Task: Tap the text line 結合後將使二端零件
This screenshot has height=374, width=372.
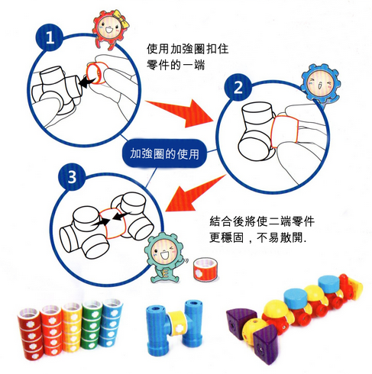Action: (262, 222)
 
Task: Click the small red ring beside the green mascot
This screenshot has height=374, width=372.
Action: (204, 268)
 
